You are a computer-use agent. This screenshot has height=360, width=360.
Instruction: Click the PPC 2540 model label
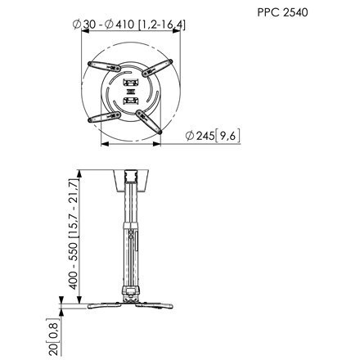coord(282,12)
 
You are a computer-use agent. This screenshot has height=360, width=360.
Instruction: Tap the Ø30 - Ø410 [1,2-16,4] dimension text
coord(129,25)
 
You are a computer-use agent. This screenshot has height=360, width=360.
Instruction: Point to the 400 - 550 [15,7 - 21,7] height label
coord(74,234)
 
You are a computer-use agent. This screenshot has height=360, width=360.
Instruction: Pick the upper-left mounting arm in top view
coord(105,66)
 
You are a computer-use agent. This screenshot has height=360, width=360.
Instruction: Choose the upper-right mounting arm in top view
coord(157,68)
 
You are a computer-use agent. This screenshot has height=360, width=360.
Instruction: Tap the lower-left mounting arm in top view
coord(104,117)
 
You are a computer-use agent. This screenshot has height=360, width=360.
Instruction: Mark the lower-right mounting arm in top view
coord(149,122)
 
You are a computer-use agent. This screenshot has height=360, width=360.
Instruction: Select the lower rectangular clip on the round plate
coord(131,101)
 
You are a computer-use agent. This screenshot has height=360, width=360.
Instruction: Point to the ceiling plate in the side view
coord(131,180)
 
